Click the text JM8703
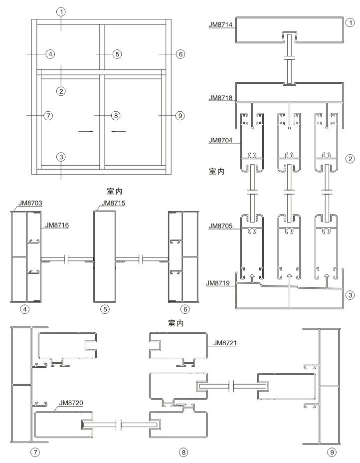(x=30, y=203)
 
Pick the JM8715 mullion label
(x=114, y=203)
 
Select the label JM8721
(x=225, y=342)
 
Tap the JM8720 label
(x=71, y=402)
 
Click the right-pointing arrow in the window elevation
(x=86, y=132)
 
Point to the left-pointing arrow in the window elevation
(x=119, y=132)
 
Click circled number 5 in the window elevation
(x=117, y=54)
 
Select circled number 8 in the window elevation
(x=115, y=116)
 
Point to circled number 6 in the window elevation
(x=180, y=54)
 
